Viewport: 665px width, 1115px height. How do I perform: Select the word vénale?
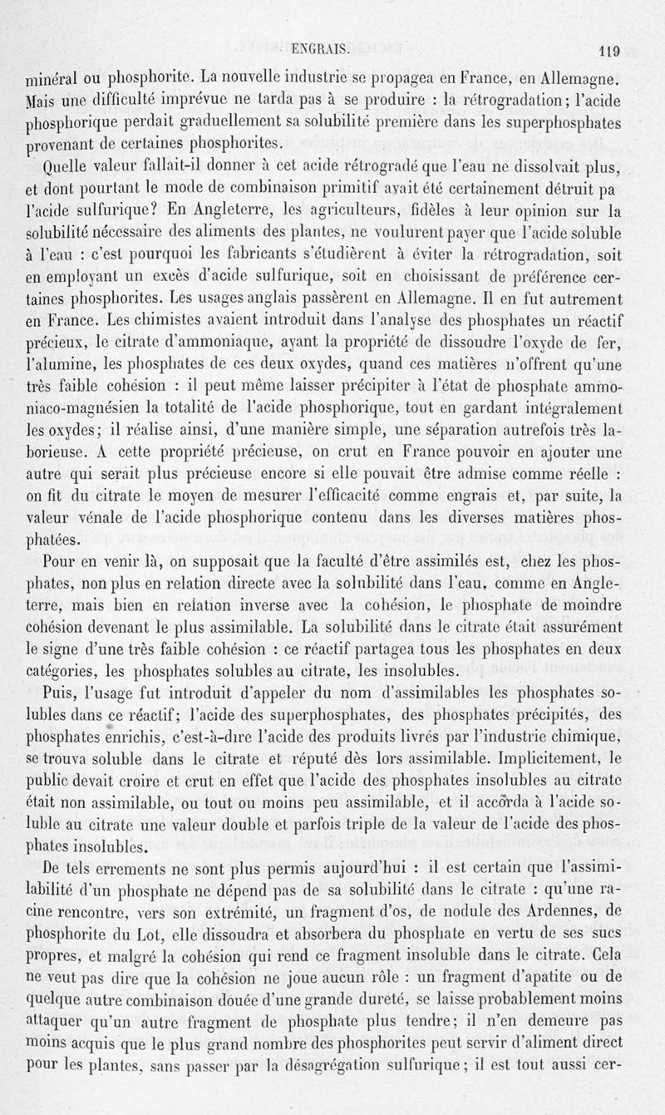[97, 518]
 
